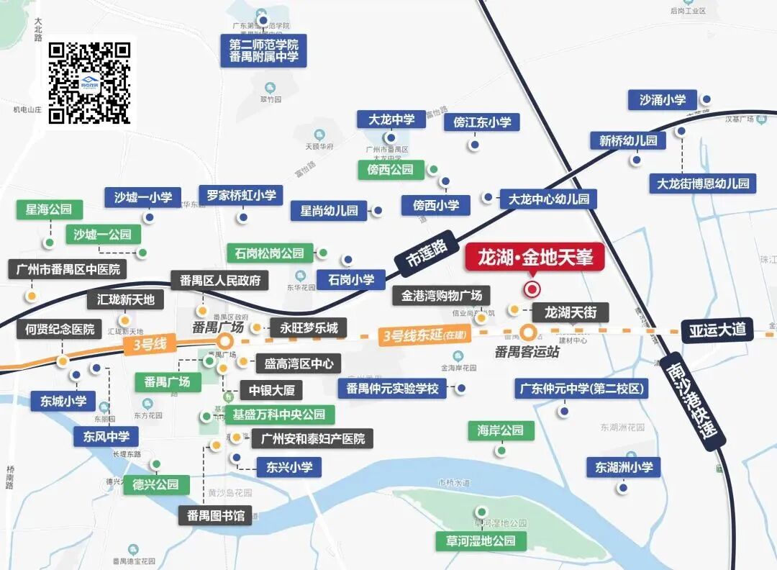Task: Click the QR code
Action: [x=89, y=81]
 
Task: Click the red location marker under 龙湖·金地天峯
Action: [x=532, y=289]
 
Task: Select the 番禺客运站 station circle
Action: [x=530, y=332]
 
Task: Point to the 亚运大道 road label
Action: [x=717, y=330]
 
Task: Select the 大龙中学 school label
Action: [x=391, y=119]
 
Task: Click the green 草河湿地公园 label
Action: [x=480, y=540]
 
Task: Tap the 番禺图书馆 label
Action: [x=215, y=515]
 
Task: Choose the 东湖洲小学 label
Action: [x=623, y=467]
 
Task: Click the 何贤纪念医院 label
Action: [x=60, y=330]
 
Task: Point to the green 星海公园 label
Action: [x=49, y=210]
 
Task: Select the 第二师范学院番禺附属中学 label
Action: [x=263, y=50]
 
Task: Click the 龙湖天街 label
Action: [x=571, y=312]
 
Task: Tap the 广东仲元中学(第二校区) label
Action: [x=581, y=389]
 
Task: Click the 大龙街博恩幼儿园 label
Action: [x=702, y=184]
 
